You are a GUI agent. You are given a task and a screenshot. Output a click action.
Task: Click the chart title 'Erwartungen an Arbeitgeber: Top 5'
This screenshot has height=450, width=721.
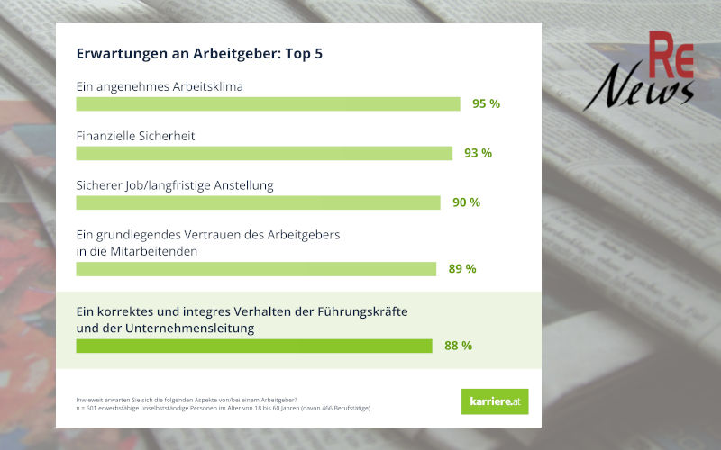click(199, 54)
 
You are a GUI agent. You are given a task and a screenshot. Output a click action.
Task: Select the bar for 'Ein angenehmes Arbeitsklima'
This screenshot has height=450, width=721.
click(268, 103)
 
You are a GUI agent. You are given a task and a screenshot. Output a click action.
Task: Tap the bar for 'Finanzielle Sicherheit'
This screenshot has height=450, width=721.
click(264, 153)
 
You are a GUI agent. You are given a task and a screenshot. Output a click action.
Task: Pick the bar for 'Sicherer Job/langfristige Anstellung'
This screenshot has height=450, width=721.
click(258, 202)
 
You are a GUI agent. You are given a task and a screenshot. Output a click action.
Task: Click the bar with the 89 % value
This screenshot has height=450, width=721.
click(256, 268)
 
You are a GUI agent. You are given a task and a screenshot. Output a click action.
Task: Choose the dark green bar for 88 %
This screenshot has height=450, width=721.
click(254, 346)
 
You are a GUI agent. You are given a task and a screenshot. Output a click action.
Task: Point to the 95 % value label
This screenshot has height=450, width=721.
click(486, 103)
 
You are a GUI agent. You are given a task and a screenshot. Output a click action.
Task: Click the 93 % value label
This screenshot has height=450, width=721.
click(478, 153)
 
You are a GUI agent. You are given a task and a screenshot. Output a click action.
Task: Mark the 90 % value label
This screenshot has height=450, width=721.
click(466, 202)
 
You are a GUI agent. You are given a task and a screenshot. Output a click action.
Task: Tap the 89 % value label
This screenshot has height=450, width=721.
click(461, 268)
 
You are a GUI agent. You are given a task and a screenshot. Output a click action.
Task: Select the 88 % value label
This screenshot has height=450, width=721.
click(458, 346)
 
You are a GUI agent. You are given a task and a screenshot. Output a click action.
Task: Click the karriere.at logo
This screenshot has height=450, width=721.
click(495, 401)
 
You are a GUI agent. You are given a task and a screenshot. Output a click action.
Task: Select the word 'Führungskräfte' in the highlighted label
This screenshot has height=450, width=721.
click(364, 311)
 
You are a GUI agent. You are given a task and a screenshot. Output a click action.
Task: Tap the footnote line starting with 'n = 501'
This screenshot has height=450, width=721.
click(224, 408)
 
